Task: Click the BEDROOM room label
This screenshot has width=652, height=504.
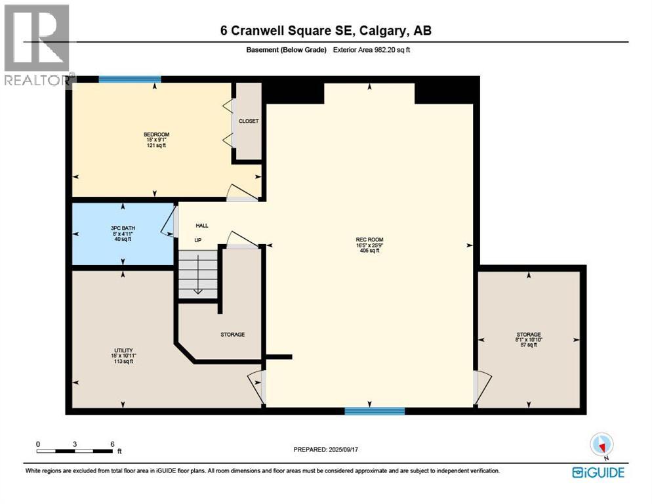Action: point(156,135)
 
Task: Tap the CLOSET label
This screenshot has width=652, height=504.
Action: point(249,121)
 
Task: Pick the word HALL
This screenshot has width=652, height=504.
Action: point(201,226)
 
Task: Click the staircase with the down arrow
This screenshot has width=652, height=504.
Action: point(198,274)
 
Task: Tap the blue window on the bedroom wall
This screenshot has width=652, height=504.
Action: point(130,79)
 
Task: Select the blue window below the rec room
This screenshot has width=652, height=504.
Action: point(375,411)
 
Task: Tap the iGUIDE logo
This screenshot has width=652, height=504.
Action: point(598,472)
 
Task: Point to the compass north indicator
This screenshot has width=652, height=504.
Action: point(601,445)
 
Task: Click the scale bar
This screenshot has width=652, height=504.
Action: point(75,451)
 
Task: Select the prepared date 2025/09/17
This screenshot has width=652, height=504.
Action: point(328,450)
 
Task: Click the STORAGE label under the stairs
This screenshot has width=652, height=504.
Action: point(232,335)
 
